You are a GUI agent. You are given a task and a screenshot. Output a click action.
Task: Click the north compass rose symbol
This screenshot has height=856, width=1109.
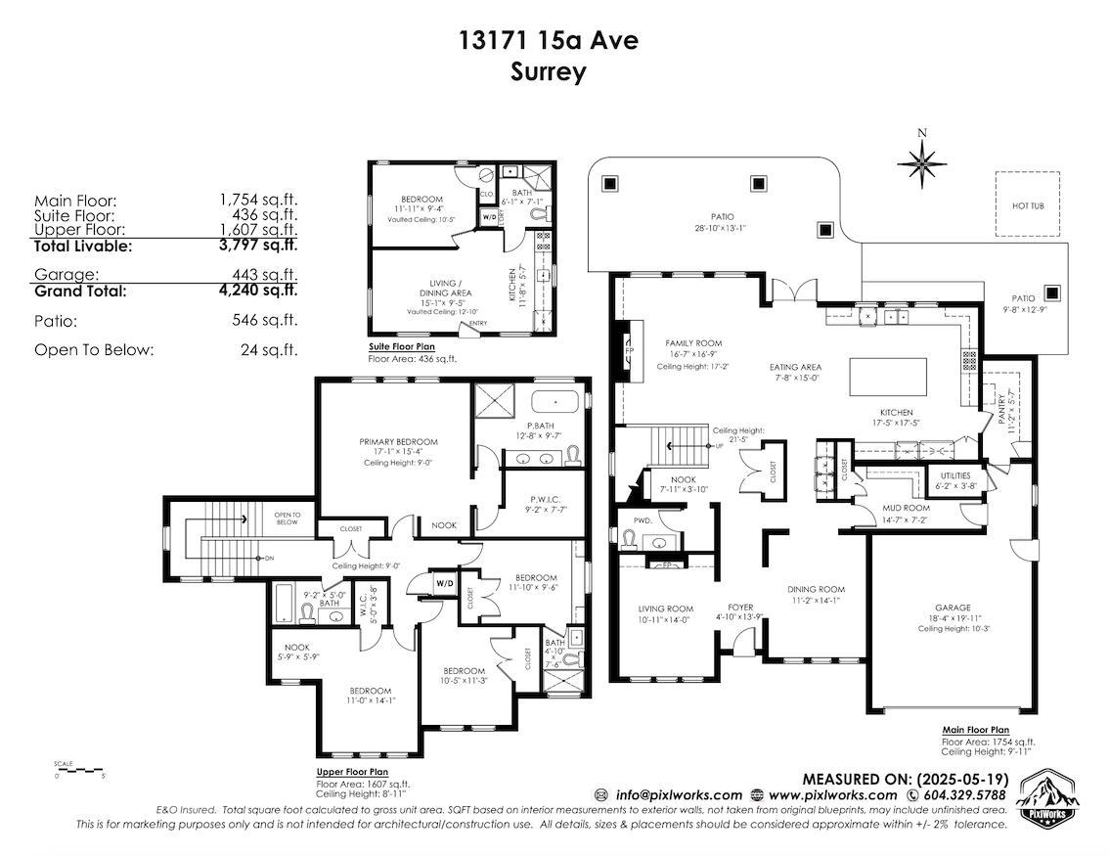tap(921, 162)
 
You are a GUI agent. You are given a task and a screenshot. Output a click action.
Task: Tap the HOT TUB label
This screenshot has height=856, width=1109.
tap(1027, 206)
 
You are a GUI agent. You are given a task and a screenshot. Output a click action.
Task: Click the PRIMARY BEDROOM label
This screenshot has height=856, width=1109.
tap(398, 442)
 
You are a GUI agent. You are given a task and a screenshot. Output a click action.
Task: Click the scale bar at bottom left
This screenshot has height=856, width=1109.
tap(79, 769)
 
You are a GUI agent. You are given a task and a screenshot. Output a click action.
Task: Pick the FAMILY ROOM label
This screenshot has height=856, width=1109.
tap(693, 343)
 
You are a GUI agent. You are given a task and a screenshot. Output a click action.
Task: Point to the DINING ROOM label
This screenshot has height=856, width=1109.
tap(816, 589)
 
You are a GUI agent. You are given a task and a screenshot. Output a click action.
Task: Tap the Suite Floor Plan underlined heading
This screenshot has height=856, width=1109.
tap(401, 346)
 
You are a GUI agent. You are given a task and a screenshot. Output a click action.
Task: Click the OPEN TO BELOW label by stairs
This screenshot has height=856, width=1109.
tap(287, 518)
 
